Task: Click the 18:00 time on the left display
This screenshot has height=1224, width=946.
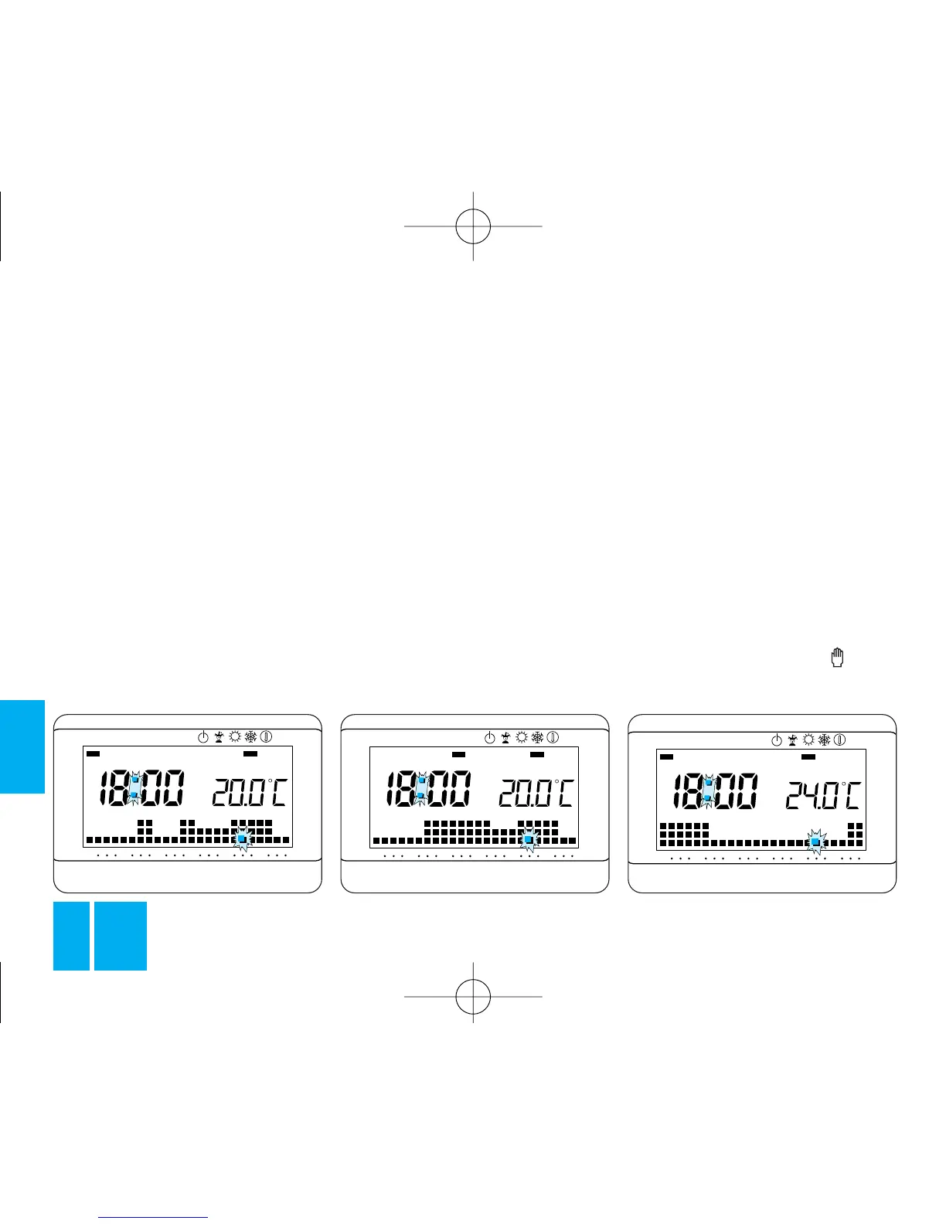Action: point(141,788)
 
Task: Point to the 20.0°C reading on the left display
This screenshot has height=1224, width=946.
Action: point(249,793)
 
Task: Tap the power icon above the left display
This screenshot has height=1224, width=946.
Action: point(202,737)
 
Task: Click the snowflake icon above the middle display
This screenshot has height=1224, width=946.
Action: point(537,737)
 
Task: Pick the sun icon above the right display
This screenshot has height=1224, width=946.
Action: point(808,739)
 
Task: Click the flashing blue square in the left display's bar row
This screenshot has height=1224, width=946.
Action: point(241,838)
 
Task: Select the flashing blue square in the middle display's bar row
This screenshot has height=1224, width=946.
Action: point(529,839)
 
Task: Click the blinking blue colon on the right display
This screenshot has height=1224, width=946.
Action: point(708,790)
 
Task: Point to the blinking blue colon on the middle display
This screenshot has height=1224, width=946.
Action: point(420,788)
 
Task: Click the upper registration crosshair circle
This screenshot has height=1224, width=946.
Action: point(473,226)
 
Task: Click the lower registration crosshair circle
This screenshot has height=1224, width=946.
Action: point(473,996)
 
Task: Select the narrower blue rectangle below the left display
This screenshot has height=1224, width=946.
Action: point(71,935)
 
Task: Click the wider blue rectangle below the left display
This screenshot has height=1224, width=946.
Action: point(121,935)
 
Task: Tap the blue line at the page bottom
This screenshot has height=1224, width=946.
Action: point(154,1217)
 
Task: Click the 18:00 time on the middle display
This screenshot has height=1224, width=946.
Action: point(428,788)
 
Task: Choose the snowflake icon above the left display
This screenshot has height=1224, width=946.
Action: point(250,737)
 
